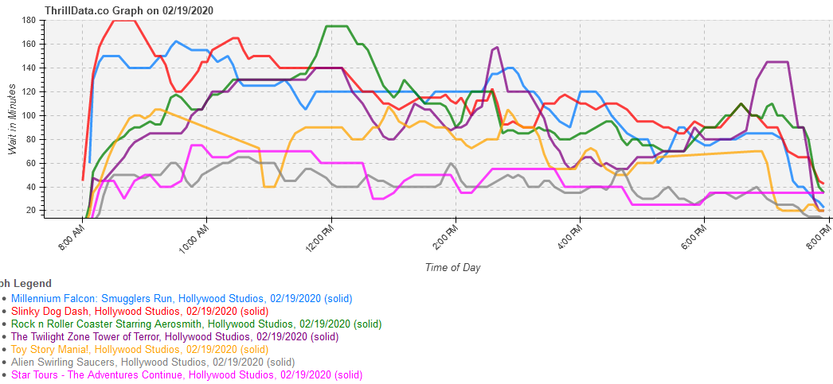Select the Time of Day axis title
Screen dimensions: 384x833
[452, 267]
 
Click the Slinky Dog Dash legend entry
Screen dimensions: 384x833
[139, 312]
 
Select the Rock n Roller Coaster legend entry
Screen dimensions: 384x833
[196, 324]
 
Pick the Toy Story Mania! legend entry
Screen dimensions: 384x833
[139, 350]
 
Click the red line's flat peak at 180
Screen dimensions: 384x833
[126, 20]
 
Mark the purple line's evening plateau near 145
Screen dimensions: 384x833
[777, 62]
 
